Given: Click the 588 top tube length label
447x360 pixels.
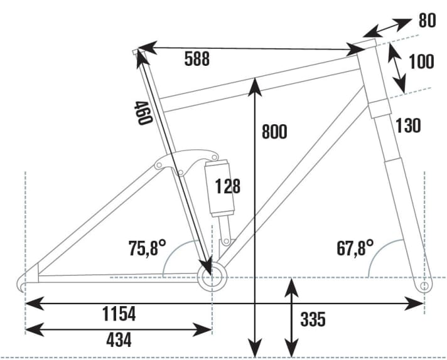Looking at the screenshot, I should click(x=197, y=59).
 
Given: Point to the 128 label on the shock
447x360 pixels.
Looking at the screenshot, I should click(x=227, y=186).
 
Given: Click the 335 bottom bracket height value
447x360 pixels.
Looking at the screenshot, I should click(x=313, y=319).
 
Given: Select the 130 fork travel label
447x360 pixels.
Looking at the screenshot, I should click(x=408, y=125).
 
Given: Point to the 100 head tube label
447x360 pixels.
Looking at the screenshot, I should click(x=421, y=61).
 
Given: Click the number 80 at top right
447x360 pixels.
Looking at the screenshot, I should click(x=428, y=21).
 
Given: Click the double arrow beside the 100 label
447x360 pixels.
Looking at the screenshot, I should click(x=396, y=67).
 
